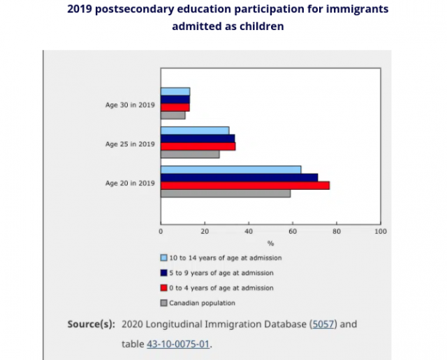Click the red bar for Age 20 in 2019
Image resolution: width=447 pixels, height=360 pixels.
(x=244, y=185)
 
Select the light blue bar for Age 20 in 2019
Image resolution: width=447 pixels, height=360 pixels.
(x=230, y=170)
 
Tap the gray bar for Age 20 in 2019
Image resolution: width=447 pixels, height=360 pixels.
(x=225, y=193)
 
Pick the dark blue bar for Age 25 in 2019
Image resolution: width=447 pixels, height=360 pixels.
(x=198, y=138)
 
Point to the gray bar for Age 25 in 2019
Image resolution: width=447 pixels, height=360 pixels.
(x=190, y=154)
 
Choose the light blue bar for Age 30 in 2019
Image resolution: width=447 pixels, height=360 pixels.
(x=175, y=91)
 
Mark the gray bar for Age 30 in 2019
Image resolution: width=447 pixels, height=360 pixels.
(x=173, y=115)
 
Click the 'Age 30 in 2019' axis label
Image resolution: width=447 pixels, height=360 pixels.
(x=130, y=105)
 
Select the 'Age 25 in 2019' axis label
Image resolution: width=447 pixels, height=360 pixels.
(x=130, y=144)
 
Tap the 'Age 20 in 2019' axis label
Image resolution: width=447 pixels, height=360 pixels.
(x=130, y=183)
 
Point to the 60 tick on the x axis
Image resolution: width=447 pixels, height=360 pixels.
(x=293, y=231)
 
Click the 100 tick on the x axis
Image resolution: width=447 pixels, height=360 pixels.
(x=380, y=231)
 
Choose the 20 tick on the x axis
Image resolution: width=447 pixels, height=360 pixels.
(x=205, y=231)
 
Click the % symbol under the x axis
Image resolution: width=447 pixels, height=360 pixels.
(x=270, y=243)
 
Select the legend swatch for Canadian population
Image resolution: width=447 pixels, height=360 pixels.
(x=164, y=303)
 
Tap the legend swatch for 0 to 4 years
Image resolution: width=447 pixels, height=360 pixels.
(x=164, y=287)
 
